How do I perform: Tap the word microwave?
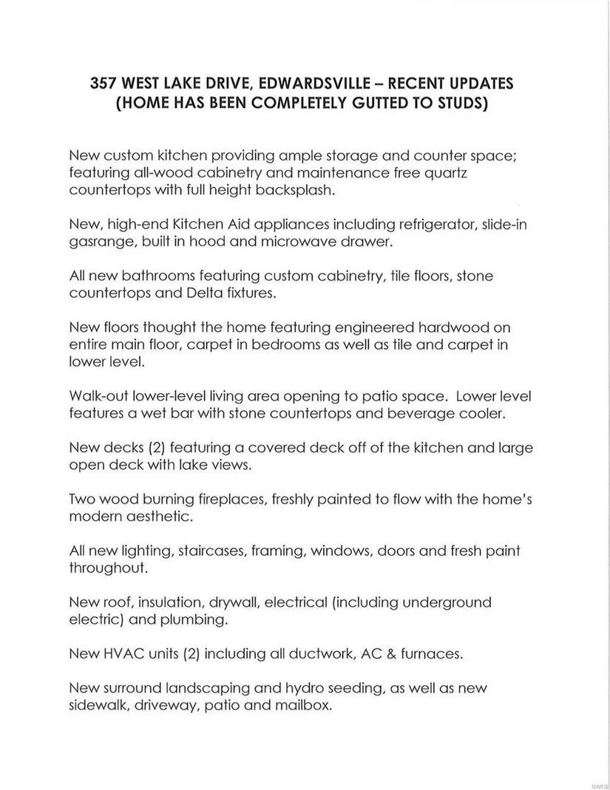(288, 242)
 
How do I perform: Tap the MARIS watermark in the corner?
(599, 780)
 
